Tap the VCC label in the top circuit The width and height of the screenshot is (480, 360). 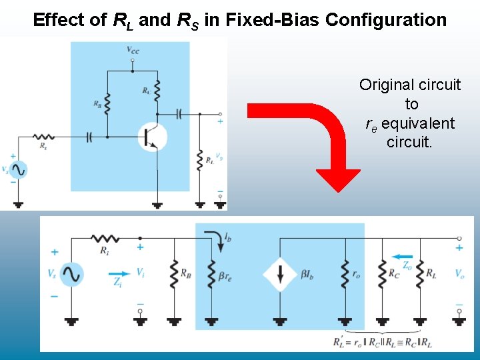133,50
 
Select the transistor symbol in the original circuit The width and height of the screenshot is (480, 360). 151,137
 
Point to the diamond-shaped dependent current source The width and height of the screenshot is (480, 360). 279,273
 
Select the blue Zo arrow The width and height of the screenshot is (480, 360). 403,255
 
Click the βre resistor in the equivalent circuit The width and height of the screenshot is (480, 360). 212,273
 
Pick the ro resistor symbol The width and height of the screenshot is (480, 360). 345,273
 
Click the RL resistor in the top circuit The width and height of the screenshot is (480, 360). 199,161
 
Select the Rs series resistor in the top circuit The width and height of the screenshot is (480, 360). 44,137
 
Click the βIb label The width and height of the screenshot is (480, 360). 308,274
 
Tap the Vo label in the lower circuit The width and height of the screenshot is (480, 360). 459,274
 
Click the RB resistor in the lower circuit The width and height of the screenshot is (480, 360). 173,273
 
